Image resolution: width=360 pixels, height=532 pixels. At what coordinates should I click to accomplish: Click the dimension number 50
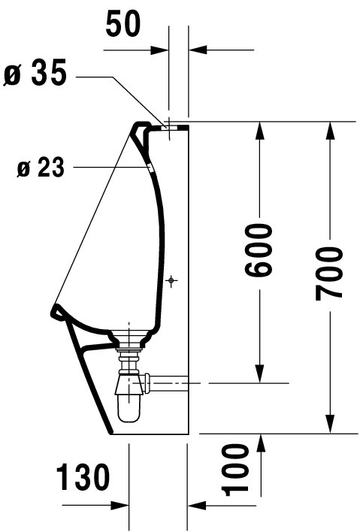pyautogui.click(x=123, y=25)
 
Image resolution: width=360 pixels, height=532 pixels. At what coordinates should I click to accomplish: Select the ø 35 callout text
pyautogui.click(x=35, y=74)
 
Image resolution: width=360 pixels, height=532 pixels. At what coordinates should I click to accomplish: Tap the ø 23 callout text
pyautogui.click(x=41, y=168)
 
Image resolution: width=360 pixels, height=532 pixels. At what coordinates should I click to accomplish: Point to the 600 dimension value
pyautogui.click(x=259, y=249)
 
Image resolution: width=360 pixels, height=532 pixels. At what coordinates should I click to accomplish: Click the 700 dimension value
pyautogui.click(x=328, y=274)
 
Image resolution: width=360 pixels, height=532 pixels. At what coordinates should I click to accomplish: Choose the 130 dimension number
pyautogui.click(x=83, y=478)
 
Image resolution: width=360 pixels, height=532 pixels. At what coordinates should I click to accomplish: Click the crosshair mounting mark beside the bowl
pyautogui.click(x=171, y=280)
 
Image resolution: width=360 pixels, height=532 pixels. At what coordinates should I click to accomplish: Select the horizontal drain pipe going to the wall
pyautogui.click(x=169, y=383)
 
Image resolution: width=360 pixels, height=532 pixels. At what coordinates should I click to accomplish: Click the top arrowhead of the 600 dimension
pyautogui.click(x=259, y=130)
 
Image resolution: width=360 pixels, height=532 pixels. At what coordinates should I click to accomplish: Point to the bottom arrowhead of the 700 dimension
pyautogui.click(x=329, y=425)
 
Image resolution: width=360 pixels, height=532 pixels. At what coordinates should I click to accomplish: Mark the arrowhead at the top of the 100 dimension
pyautogui.click(x=261, y=443)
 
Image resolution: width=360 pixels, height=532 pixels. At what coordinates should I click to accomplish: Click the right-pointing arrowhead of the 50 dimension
pyautogui.click(x=160, y=50)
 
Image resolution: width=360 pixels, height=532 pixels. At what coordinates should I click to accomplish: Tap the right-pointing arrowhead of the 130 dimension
pyautogui.click(x=119, y=506)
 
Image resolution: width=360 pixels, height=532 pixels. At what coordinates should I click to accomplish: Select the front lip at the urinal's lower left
pyautogui.click(x=57, y=312)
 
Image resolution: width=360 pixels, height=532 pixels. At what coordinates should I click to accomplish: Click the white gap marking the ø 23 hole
pyautogui.click(x=150, y=168)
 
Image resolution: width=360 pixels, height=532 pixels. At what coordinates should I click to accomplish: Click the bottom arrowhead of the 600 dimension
pyautogui.click(x=259, y=374)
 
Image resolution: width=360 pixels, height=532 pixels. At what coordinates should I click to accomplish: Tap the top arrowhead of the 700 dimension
pyautogui.click(x=329, y=130)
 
